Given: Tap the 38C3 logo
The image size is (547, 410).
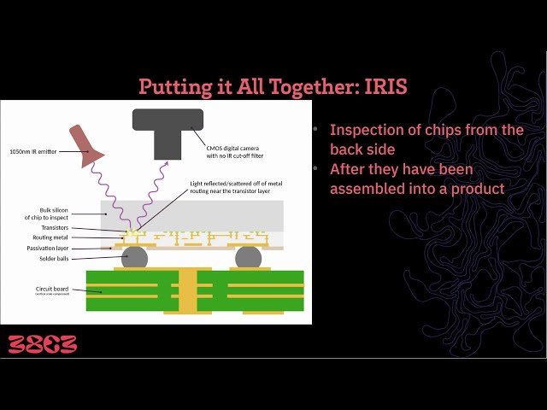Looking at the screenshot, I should pos(43,344).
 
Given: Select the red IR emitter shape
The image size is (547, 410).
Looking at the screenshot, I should pos(86,145).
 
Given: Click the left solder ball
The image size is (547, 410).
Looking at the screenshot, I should pos(133,257).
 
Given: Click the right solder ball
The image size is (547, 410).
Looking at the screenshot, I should pos(248,257).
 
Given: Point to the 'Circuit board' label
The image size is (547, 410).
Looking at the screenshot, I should pos(53,290).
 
